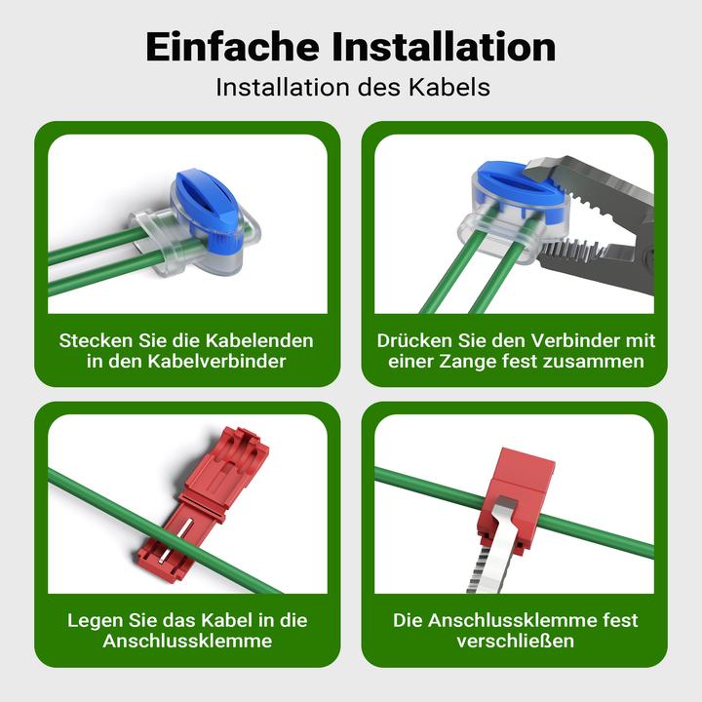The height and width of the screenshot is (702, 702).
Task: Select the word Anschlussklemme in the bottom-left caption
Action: tap(187, 641)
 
